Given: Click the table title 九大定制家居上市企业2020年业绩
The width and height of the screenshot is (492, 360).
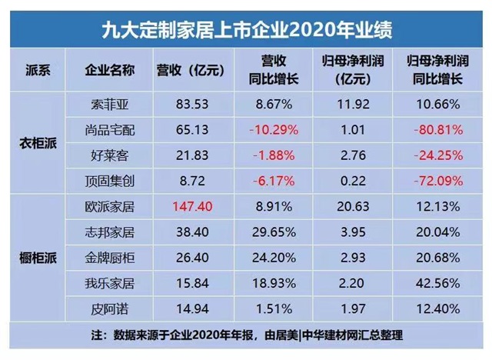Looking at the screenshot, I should pyautogui.click(x=247, y=29).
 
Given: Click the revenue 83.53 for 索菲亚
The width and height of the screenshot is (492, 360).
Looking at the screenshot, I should pyautogui.click(x=190, y=102).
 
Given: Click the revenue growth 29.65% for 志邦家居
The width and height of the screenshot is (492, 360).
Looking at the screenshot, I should pyautogui.click(x=268, y=233).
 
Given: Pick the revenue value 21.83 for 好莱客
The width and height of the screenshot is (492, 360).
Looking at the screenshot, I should pyautogui.click(x=190, y=155).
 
